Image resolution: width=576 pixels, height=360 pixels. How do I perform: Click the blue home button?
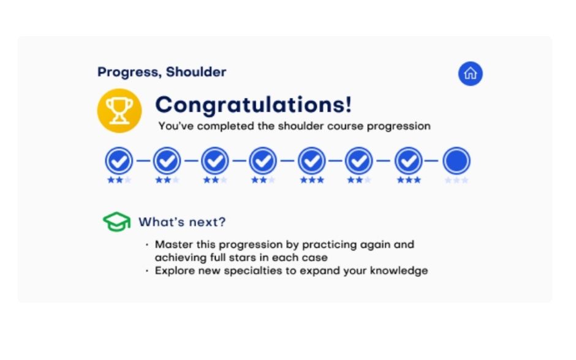click(x=470, y=73)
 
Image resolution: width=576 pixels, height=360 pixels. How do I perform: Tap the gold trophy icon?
click(x=119, y=110)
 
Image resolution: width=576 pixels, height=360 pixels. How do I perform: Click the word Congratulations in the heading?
click(x=254, y=105)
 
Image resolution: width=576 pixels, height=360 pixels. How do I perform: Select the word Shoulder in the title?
click(x=196, y=72)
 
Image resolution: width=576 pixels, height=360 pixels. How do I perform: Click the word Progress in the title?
click(x=129, y=72)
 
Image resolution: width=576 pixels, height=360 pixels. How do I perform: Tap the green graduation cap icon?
click(x=117, y=222)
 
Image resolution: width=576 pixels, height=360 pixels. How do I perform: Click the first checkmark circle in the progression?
click(x=119, y=161)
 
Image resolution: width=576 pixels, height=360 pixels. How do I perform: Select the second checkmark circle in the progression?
click(x=167, y=161)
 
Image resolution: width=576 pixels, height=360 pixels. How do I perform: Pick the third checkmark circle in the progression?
click(x=215, y=161)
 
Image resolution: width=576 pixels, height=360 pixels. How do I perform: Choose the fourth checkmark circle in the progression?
click(x=263, y=161)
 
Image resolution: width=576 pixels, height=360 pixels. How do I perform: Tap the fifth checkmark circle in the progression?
click(x=311, y=161)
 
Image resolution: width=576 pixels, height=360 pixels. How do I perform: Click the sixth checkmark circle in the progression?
click(x=359, y=161)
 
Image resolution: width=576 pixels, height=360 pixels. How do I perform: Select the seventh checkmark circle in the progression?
click(x=409, y=161)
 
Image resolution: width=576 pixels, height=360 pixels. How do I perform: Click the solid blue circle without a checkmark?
click(x=457, y=161)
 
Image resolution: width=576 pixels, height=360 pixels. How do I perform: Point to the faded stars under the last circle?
click(x=457, y=180)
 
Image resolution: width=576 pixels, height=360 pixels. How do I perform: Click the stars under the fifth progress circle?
click(x=312, y=180)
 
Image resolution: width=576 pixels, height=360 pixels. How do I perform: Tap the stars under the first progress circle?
click(x=119, y=180)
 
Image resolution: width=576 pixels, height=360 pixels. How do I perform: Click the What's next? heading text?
click(x=182, y=222)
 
